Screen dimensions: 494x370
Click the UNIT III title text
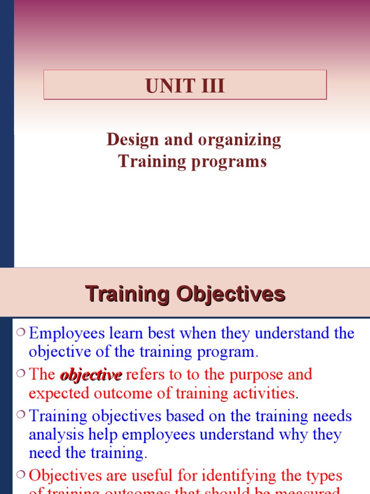tap(185, 86)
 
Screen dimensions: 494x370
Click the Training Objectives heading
tap(185, 294)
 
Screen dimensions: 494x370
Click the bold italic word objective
tap(91, 375)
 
